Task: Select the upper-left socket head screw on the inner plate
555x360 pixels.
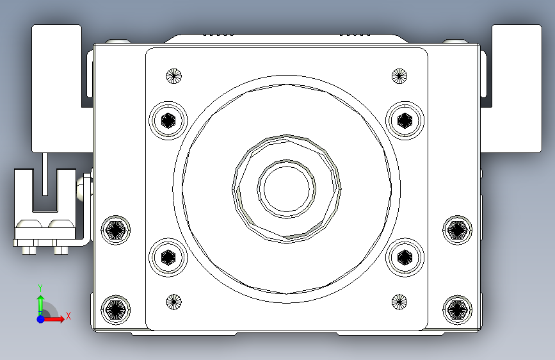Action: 168,120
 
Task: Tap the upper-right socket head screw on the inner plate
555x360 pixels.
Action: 405,120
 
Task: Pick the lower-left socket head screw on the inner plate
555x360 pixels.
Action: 168,258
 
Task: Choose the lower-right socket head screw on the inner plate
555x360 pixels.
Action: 405,258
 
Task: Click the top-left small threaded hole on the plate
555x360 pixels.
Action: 173,76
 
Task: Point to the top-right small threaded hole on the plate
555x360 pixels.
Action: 399,76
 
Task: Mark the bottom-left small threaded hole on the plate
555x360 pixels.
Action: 173,302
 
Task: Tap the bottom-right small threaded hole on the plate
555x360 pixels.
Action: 399,302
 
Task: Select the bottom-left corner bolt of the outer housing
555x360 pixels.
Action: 116,309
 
